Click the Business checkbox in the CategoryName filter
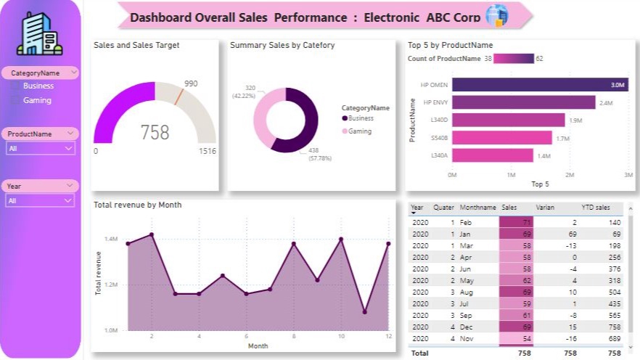(15, 86)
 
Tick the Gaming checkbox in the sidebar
(15, 101)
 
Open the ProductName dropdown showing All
(41, 148)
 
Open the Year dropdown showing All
(41, 200)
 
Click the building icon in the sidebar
(40, 33)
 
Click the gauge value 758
(155, 132)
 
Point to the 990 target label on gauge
(191, 84)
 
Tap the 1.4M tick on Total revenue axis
(111, 239)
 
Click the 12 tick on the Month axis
(388, 336)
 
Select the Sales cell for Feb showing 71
(516, 222)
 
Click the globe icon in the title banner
(497, 15)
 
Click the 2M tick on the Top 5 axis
(570, 175)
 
